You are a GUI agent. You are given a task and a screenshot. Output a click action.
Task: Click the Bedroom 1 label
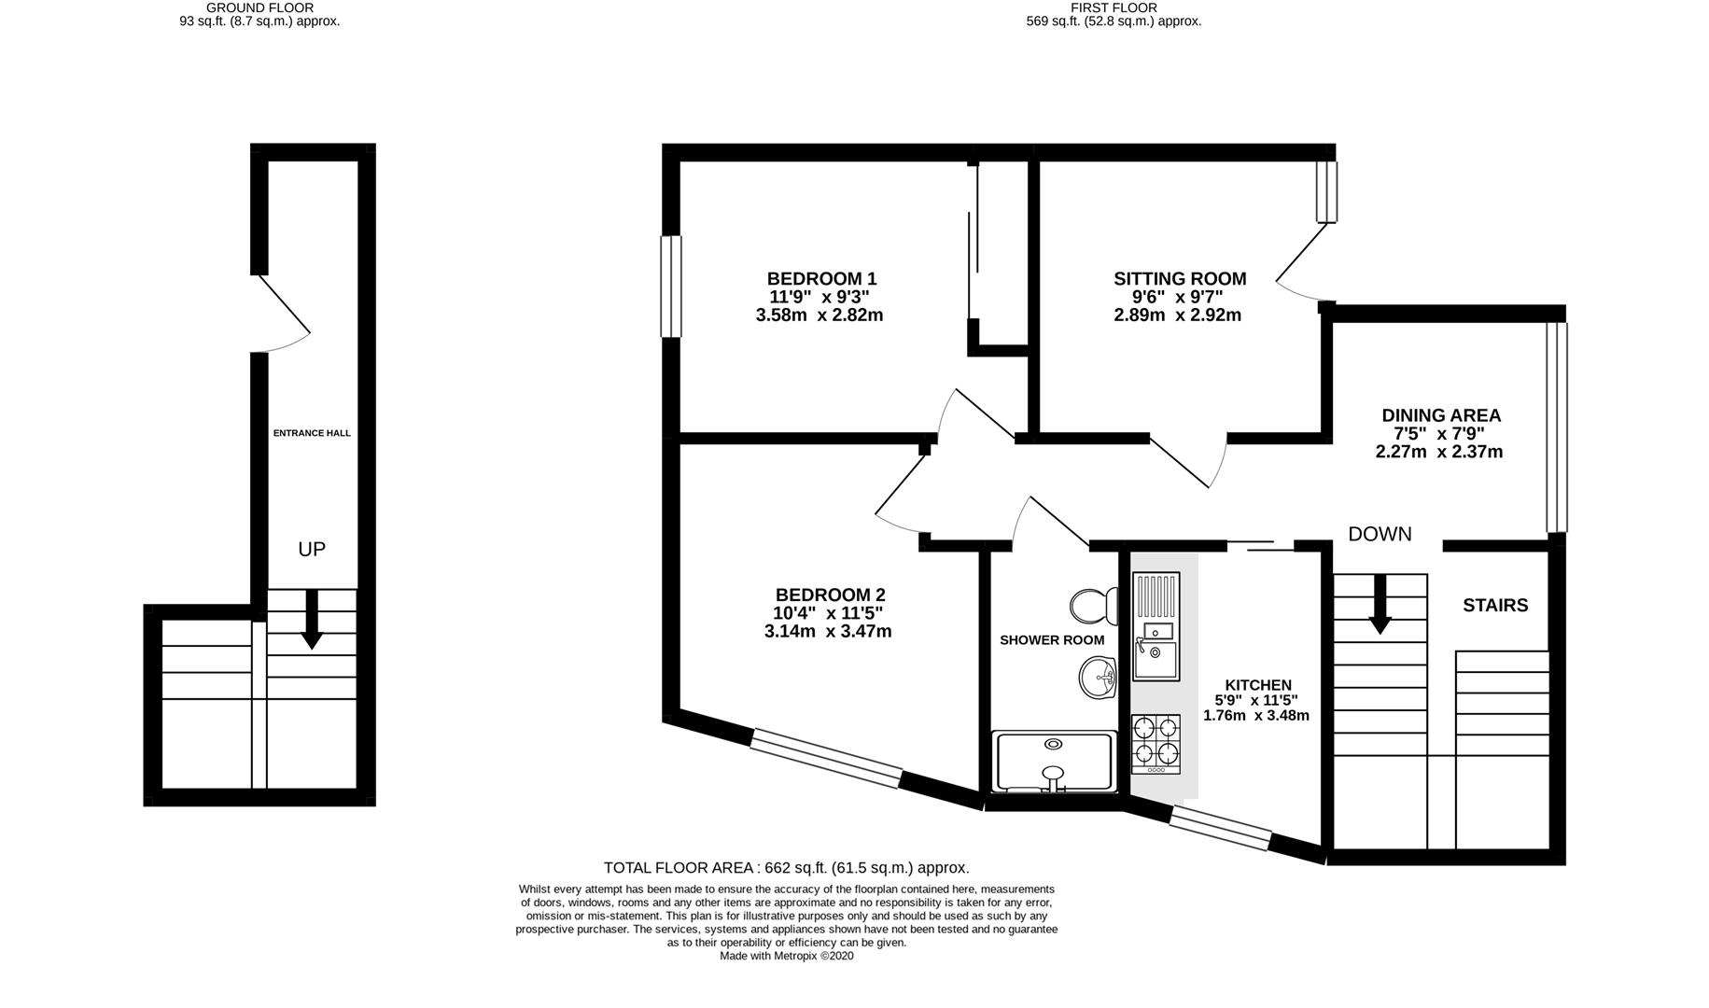(x=821, y=278)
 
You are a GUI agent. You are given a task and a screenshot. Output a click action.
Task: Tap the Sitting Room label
(x=1180, y=278)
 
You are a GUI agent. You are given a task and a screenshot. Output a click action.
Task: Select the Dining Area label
(x=1441, y=415)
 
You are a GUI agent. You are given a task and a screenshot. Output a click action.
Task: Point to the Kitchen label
(x=1258, y=685)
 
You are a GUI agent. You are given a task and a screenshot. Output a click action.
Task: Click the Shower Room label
(x=1052, y=640)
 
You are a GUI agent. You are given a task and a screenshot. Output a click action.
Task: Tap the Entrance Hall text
(x=312, y=433)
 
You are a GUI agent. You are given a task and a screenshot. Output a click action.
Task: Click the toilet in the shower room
(x=1094, y=606)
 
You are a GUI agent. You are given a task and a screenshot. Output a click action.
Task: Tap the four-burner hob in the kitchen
(x=1156, y=744)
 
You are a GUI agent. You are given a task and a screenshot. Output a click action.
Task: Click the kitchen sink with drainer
(x=1156, y=625)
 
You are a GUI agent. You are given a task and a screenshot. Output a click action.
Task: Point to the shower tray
(x=1054, y=761)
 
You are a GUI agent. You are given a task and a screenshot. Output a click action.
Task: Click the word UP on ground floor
(x=312, y=550)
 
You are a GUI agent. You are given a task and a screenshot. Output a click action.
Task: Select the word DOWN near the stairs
(x=1380, y=534)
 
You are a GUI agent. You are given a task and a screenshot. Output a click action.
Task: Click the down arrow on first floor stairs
(x=1380, y=605)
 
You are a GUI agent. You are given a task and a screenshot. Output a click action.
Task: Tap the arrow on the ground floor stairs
(x=312, y=619)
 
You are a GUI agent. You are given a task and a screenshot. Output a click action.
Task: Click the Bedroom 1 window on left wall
(x=670, y=286)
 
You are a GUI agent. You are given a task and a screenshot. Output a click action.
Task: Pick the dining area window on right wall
(x=1556, y=427)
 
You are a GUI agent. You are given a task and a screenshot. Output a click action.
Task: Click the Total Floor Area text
(x=787, y=868)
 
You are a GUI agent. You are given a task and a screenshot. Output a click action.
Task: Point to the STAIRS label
(x=1495, y=606)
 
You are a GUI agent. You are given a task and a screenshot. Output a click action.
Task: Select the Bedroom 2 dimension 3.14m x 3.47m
(x=828, y=632)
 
